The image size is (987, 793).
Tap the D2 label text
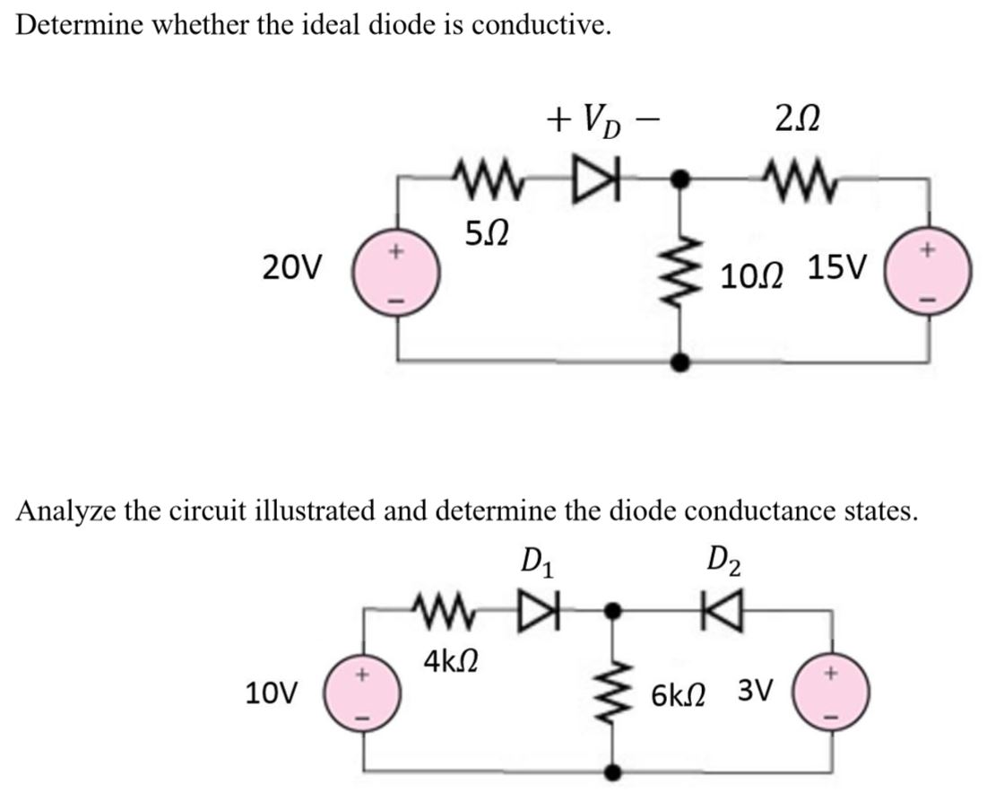[722, 567]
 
